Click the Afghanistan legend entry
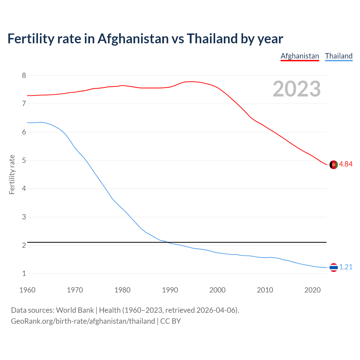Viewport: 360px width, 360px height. [300, 56]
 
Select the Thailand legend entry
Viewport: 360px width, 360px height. [339, 56]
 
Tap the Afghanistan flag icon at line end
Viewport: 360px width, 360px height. [334, 165]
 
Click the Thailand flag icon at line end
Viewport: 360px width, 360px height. [334, 267]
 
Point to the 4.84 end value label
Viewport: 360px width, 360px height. [346, 164]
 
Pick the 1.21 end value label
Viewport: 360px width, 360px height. [346, 267]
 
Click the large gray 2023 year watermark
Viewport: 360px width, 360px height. [297, 89]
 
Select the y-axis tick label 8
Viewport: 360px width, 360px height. [24, 75]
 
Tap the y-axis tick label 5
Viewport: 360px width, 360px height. [24, 160]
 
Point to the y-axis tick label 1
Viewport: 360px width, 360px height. [24, 273]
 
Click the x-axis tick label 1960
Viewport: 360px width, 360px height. [27, 290]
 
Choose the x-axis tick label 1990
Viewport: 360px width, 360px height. [170, 290]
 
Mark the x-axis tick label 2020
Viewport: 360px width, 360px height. [312, 290]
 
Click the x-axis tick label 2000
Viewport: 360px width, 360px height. [217, 290]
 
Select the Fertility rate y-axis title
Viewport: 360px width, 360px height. [12, 174]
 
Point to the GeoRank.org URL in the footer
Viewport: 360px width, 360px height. [83, 321]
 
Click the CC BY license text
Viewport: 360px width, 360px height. [170, 321]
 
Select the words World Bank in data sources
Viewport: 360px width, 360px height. [75, 310]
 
